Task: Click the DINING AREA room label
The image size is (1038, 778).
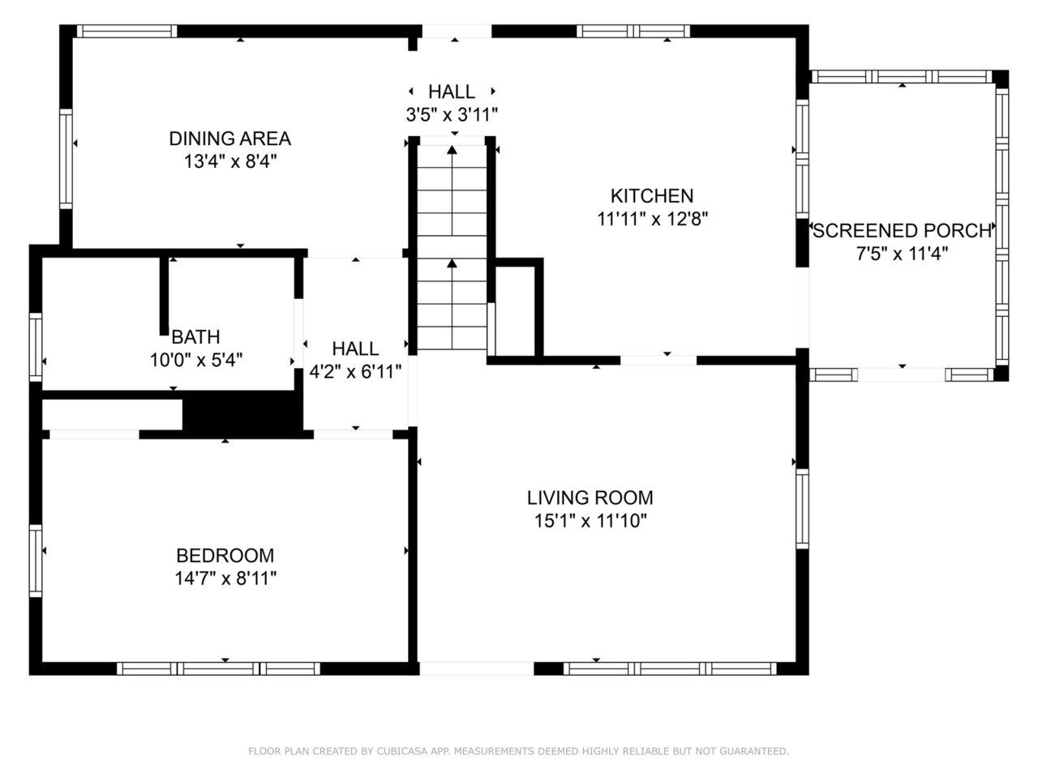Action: pyautogui.click(x=229, y=139)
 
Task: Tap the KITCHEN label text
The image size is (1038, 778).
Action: pyautogui.click(x=652, y=195)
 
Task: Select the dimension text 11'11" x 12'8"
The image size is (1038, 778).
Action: pyautogui.click(x=652, y=219)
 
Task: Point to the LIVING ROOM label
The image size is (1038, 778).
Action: pyautogui.click(x=590, y=498)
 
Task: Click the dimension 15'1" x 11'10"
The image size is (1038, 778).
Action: pyautogui.click(x=590, y=521)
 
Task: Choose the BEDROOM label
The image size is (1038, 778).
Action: pyautogui.click(x=225, y=555)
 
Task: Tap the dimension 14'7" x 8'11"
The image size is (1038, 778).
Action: pyautogui.click(x=225, y=578)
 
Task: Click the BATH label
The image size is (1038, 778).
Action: pyautogui.click(x=195, y=337)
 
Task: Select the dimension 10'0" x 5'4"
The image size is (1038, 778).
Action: pyautogui.click(x=195, y=361)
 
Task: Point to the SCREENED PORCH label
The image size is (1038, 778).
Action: pyautogui.click(x=902, y=230)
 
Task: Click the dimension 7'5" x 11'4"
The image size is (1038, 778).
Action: pyautogui.click(x=902, y=254)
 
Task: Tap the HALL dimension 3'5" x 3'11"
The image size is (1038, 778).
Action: pyautogui.click(x=452, y=114)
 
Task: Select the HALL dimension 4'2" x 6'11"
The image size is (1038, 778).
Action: pyautogui.click(x=355, y=372)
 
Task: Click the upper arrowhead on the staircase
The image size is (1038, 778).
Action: pyautogui.click(x=452, y=150)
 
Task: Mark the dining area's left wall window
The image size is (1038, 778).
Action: pyautogui.click(x=66, y=159)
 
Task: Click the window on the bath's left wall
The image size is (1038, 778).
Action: pyautogui.click(x=36, y=347)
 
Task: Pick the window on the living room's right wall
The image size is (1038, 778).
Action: pyautogui.click(x=802, y=508)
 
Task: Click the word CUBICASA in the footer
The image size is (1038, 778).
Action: pyautogui.click(x=401, y=750)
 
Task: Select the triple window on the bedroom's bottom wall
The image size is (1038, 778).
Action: pyautogui.click(x=218, y=669)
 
